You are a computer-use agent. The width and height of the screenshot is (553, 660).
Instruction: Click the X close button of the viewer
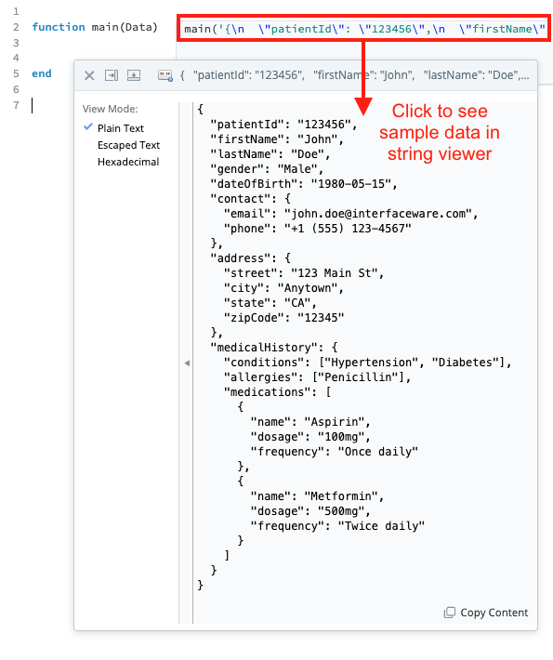point(89,76)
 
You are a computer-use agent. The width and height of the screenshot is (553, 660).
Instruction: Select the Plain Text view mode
point(121,128)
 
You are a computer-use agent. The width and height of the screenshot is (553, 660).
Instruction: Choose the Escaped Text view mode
point(128,145)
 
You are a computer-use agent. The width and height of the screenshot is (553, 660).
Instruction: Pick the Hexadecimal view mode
point(128,162)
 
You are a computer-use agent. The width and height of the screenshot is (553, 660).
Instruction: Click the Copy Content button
point(486,613)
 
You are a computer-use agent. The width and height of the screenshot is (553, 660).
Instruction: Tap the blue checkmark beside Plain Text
point(88,126)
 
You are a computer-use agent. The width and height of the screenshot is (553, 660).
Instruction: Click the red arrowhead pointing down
point(363,106)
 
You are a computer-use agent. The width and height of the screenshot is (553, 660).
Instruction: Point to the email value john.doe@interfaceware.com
point(378,214)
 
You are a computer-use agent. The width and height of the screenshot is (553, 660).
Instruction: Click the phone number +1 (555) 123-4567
point(348,229)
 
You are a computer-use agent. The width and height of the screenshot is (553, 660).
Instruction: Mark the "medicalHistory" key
point(264,348)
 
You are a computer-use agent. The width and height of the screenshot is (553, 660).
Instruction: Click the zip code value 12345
point(321,318)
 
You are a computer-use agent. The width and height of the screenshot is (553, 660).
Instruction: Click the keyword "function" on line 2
point(59,27)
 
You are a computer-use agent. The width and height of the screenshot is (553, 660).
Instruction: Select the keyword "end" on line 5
point(42,73)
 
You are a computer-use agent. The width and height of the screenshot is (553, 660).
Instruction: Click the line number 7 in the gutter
point(16,105)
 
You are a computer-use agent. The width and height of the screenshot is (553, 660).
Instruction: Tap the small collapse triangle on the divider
point(187,363)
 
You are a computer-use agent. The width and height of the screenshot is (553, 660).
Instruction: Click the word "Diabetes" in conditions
point(465,363)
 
